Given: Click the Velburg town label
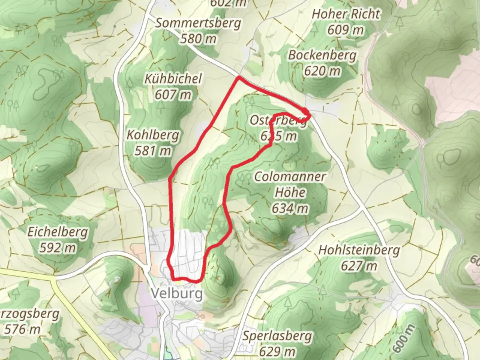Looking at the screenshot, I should click(x=177, y=294).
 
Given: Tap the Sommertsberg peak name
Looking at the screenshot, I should click(x=198, y=23).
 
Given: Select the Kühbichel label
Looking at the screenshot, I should click(x=173, y=79).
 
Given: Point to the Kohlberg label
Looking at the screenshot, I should click(x=153, y=135).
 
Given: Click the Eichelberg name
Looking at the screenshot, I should click(x=58, y=232).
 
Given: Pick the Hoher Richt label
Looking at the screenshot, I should click(x=346, y=14).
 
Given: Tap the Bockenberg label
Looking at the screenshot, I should click(x=322, y=55).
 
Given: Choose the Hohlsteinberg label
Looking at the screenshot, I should click(x=359, y=250).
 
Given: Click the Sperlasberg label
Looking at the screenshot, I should click(x=277, y=336).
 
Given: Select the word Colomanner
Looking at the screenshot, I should click(x=290, y=176).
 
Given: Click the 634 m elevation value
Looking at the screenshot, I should click(x=290, y=209).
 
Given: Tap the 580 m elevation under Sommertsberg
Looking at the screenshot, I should click(x=198, y=39).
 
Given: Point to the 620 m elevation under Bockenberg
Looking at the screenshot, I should click(x=322, y=71).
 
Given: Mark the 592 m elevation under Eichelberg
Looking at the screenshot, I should click(x=58, y=248).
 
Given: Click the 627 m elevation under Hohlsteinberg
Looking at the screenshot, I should click(x=359, y=266).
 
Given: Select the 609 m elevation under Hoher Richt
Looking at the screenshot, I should click(x=346, y=30).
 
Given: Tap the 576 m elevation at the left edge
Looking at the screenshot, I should click(x=22, y=329).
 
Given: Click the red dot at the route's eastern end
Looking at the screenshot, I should click(x=306, y=111).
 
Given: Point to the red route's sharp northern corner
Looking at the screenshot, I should click(x=239, y=78).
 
